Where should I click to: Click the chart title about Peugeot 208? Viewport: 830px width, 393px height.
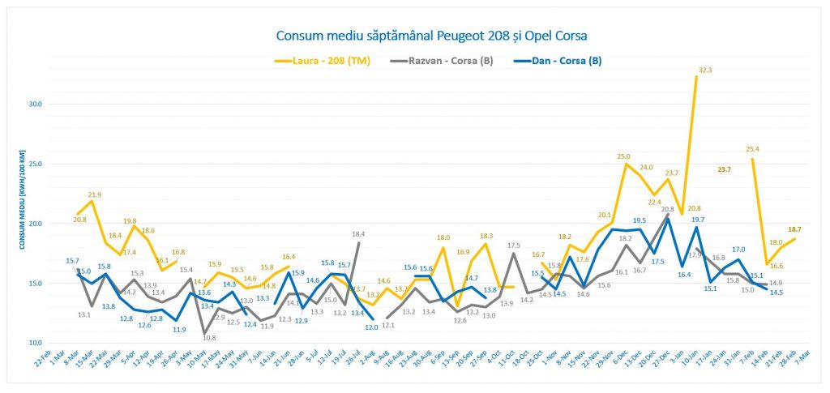(431, 36)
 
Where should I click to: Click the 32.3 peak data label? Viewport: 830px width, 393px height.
(704, 70)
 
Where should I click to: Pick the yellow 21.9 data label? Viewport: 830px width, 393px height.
(95, 195)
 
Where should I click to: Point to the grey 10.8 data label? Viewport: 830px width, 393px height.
(208, 337)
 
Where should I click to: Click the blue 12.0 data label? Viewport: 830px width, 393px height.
(371, 327)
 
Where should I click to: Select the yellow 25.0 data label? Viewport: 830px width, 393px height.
(624, 156)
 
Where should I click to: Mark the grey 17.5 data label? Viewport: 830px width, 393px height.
(513, 246)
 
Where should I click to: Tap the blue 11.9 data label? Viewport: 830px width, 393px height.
(179, 329)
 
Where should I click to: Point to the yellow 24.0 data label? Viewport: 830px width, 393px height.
(645, 168)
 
